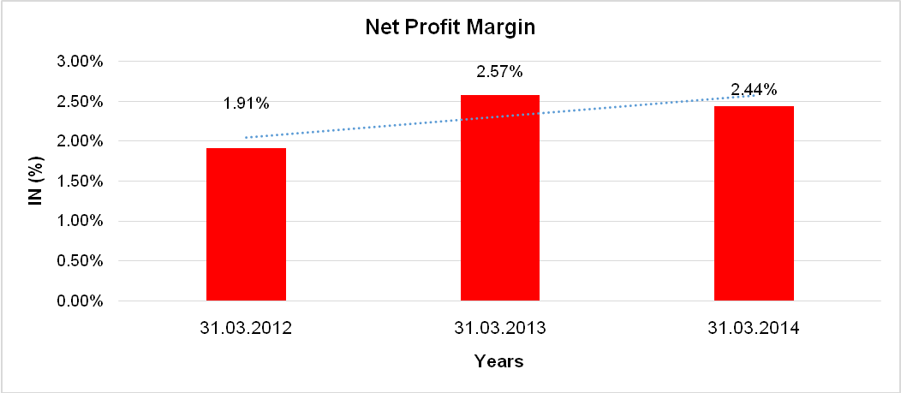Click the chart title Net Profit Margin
[450, 27]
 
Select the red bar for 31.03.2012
[246, 224]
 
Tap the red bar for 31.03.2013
[500, 198]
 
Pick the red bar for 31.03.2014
[754, 203]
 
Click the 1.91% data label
[247, 104]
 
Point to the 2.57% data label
[499, 72]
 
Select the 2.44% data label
[754, 89]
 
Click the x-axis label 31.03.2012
[247, 328]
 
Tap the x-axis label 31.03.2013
[500, 328]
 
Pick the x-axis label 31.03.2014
[754, 328]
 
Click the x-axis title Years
[499, 361]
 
